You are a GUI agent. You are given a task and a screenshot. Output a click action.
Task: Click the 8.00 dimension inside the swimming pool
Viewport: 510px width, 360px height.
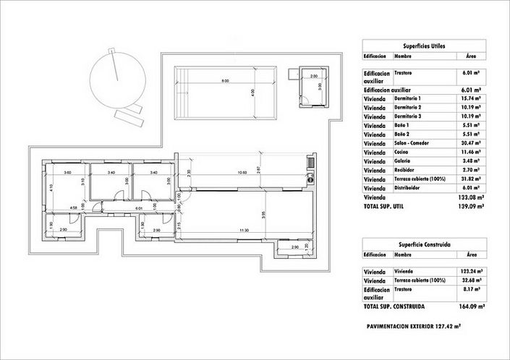(225, 81)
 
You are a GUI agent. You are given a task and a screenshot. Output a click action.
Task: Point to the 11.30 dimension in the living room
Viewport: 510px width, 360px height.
(226, 231)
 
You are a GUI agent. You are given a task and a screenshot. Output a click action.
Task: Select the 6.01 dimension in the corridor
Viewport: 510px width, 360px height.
(138, 208)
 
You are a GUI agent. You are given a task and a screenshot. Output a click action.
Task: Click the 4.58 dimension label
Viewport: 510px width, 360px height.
(73, 208)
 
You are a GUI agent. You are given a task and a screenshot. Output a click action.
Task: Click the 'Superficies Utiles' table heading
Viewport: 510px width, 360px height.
(425, 45)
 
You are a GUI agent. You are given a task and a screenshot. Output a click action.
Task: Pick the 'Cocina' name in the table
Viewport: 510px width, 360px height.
(402, 152)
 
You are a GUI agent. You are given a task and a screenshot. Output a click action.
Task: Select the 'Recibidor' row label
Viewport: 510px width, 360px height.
(405, 171)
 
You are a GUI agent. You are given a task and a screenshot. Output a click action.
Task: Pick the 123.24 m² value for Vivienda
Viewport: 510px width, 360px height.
(472, 270)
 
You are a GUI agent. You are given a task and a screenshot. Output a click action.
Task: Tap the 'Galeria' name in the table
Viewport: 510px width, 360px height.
(402, 161)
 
